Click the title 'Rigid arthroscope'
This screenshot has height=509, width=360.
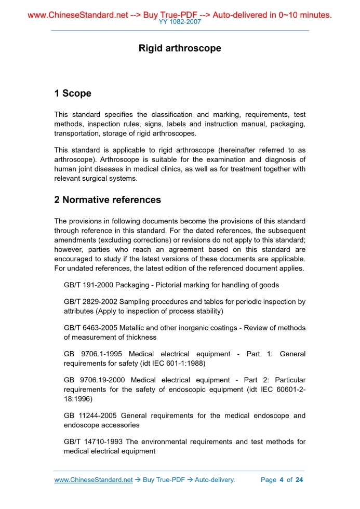click(x=180, y=48)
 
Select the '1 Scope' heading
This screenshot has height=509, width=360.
click(x=73, y=93)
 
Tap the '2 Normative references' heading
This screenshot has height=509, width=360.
click(x=108, y=199)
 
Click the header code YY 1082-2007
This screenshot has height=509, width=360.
click(x=180, y=22)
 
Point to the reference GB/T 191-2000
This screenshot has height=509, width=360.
click(x=88, y=285)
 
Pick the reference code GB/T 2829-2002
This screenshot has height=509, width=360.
click(x=90, y=301)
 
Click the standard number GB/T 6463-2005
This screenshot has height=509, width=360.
click(x=90, y=328)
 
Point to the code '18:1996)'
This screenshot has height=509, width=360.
click(x=78, y=399)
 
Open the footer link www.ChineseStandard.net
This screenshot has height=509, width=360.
click(x=94, y=480)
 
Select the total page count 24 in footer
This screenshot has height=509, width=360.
click(x=299, y=480)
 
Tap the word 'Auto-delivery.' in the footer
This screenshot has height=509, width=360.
click(x=215, y=480)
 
